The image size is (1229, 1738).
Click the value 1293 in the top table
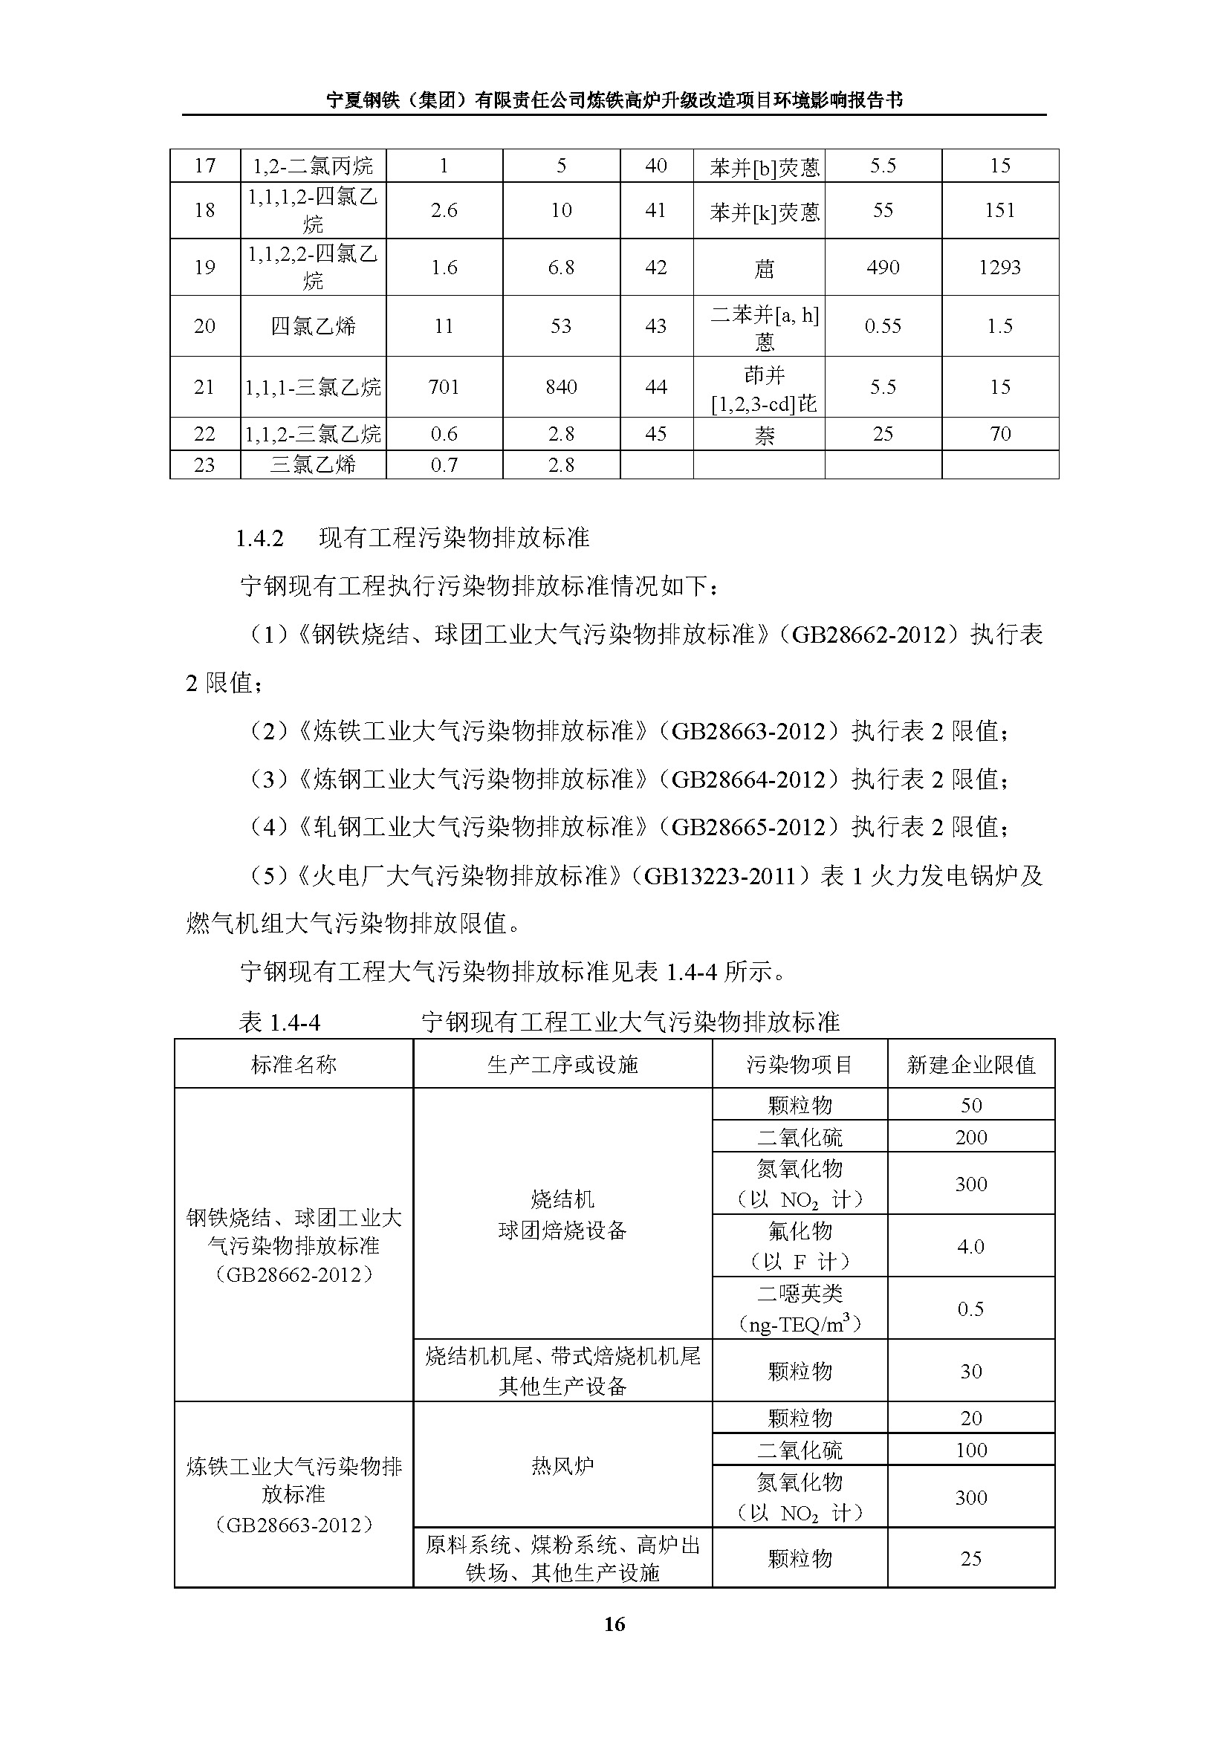coord(999,267)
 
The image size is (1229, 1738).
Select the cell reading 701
coord(444,387)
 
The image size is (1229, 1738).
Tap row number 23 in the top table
coord(204,464)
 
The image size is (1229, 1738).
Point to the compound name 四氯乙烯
coord(313,326)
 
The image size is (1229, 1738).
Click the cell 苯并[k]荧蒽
coord(765,211)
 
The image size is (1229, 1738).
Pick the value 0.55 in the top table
coord(883,326)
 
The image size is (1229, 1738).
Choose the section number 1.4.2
coord(259,538)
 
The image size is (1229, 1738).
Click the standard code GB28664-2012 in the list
coord(748,779)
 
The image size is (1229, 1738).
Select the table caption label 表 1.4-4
coord(279,1022)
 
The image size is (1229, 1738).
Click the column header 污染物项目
coord(800,1065)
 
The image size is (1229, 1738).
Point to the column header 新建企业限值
coord(970,1065)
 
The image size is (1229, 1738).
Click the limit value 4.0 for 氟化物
coord(970,1246)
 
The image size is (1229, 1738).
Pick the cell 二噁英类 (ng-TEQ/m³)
coord(800,1309)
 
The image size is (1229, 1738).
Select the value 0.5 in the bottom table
coord(970,1309)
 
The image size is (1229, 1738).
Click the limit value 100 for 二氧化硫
coord(970,1450)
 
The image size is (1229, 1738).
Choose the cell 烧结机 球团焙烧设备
coord(562,1215)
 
